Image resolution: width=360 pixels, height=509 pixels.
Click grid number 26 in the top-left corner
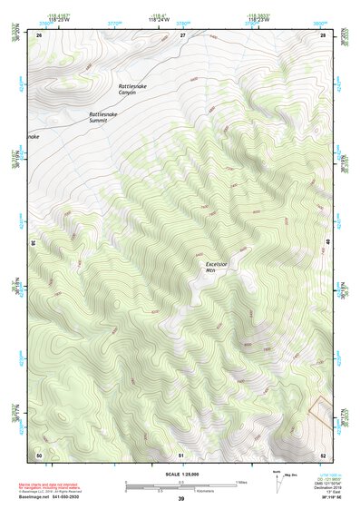click(39, 34)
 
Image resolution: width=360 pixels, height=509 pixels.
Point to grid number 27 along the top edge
click(181, 34)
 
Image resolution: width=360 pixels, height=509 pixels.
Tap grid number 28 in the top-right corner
click(324, 34)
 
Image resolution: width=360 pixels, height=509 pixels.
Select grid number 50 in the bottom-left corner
click(39, 454)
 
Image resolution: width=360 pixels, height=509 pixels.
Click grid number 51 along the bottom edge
click(181, 454)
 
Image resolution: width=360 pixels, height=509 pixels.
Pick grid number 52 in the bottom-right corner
click(324, 454)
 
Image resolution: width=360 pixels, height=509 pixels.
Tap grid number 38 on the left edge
click(34, 243)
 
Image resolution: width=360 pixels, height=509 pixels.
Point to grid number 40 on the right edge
click(329, 243)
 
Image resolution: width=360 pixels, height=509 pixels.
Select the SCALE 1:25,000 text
click(180, 474)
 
